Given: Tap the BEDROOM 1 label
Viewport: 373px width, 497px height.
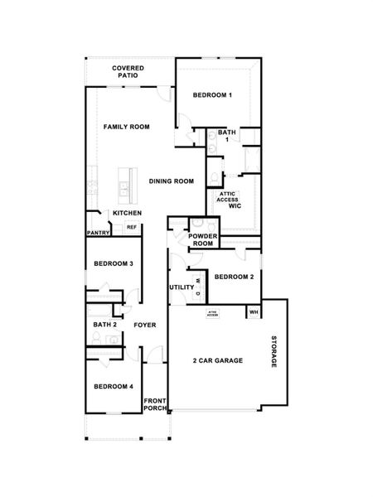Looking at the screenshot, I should (212, 95).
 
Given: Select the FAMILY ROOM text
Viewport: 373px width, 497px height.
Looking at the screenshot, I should (126, 127).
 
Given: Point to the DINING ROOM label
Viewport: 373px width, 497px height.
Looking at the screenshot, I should (172, 181).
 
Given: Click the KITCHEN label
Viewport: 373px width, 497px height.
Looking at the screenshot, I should (127, 213).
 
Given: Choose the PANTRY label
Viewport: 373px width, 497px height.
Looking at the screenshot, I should (98, 233).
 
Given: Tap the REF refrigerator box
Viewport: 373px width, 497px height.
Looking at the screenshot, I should (131, 227).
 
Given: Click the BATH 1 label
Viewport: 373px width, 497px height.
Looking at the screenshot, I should (226, 137).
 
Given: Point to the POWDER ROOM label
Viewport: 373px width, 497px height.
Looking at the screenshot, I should (202, 240).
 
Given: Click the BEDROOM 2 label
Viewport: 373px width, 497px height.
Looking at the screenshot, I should (234, 277).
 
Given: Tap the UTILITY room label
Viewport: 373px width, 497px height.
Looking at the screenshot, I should (182, 287).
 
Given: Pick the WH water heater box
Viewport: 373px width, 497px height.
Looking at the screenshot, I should (253, 312).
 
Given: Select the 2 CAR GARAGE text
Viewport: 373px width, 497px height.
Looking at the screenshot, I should (218, 360).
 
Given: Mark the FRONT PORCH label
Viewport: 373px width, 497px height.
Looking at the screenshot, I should (155, 404).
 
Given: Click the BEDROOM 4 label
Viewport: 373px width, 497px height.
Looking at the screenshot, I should (113, 387).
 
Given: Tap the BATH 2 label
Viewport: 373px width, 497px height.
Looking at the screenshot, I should (104, 325).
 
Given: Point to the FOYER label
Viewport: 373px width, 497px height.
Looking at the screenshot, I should (145, 325).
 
